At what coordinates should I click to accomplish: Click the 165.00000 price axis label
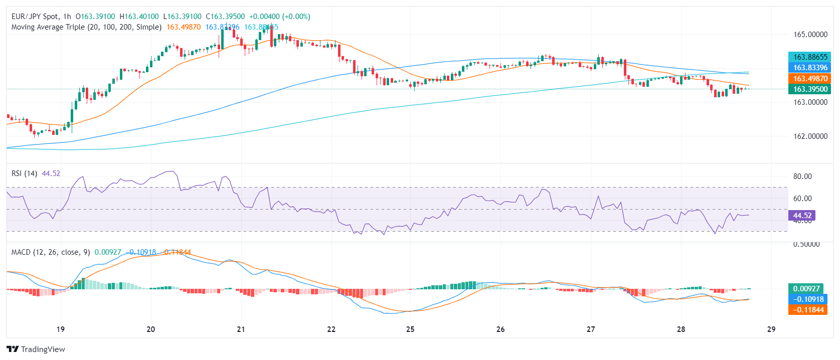(x=810, y=35)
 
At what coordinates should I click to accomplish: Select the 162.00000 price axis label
(x=810, y=136)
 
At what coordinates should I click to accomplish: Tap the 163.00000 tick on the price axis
(x=810, y=102)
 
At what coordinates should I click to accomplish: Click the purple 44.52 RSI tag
(x=802, y=216)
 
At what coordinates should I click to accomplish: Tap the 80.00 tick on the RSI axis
(x=802, y=176)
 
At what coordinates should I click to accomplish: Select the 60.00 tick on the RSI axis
(x=802, y=199)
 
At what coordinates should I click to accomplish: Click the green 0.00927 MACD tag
(x=806, y=289)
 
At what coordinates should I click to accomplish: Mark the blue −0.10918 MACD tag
(x=808, y=299)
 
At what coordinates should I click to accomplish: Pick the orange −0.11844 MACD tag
(x=808, y=310)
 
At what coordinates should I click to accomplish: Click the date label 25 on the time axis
(x=410, y=329)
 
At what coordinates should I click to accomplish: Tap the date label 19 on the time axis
(x=60, y=329)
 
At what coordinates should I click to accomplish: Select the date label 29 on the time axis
(x=771, y=329)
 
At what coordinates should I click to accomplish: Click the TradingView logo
(x=36, y=349)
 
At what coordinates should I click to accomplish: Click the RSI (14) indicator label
(x=24, y=173)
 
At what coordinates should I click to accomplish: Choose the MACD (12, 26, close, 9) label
(x=51, y=252)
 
